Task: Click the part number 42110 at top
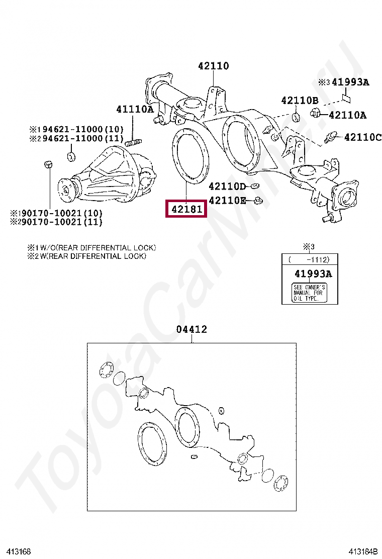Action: (x=213, y=66)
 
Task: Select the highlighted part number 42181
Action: (x=186, y=209)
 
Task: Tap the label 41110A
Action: (x=135, y=109)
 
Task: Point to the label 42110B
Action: (x=300, y=101)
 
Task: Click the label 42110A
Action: (x=347, y=115)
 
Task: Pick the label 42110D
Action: (x=227, y=187)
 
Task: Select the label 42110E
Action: (x=227, y=201)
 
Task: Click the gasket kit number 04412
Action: (x=192, y=330)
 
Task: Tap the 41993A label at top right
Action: (x=350, y=82)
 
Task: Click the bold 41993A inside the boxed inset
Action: (x=313, y=274)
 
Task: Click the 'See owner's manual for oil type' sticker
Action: (x=309, y=293)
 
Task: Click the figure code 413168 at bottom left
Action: (x=19, y=552)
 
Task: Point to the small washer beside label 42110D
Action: (x=254, y=187)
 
